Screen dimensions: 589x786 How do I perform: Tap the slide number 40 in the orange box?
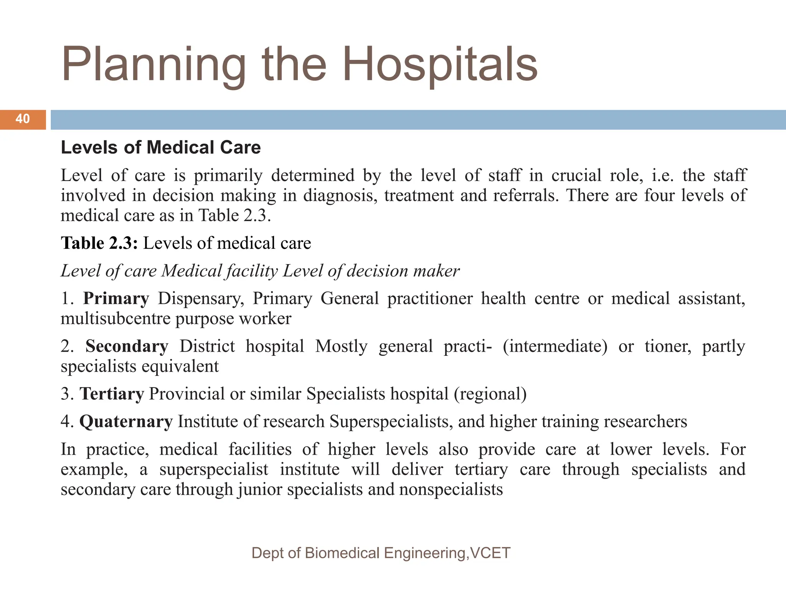coord(23,119)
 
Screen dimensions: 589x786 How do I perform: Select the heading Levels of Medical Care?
coord(161,148)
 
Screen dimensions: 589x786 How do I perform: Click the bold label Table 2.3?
coord(99,243)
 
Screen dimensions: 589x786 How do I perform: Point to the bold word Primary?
coord(116,299)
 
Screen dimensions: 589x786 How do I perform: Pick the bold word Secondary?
coord(127,346)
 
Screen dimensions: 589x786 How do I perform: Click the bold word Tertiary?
coord(112,394)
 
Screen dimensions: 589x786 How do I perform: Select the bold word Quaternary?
coord(126,421)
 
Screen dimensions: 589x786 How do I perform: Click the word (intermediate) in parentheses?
coord(555,346)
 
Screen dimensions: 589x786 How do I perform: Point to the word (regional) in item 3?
coord(490,394)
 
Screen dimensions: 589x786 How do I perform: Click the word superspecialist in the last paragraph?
coord(214,469)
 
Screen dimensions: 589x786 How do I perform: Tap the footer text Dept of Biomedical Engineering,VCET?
coord(381,553)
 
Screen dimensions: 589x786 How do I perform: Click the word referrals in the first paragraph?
coord(525,196)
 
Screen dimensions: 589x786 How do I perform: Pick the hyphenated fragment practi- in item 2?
coord(467,346)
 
